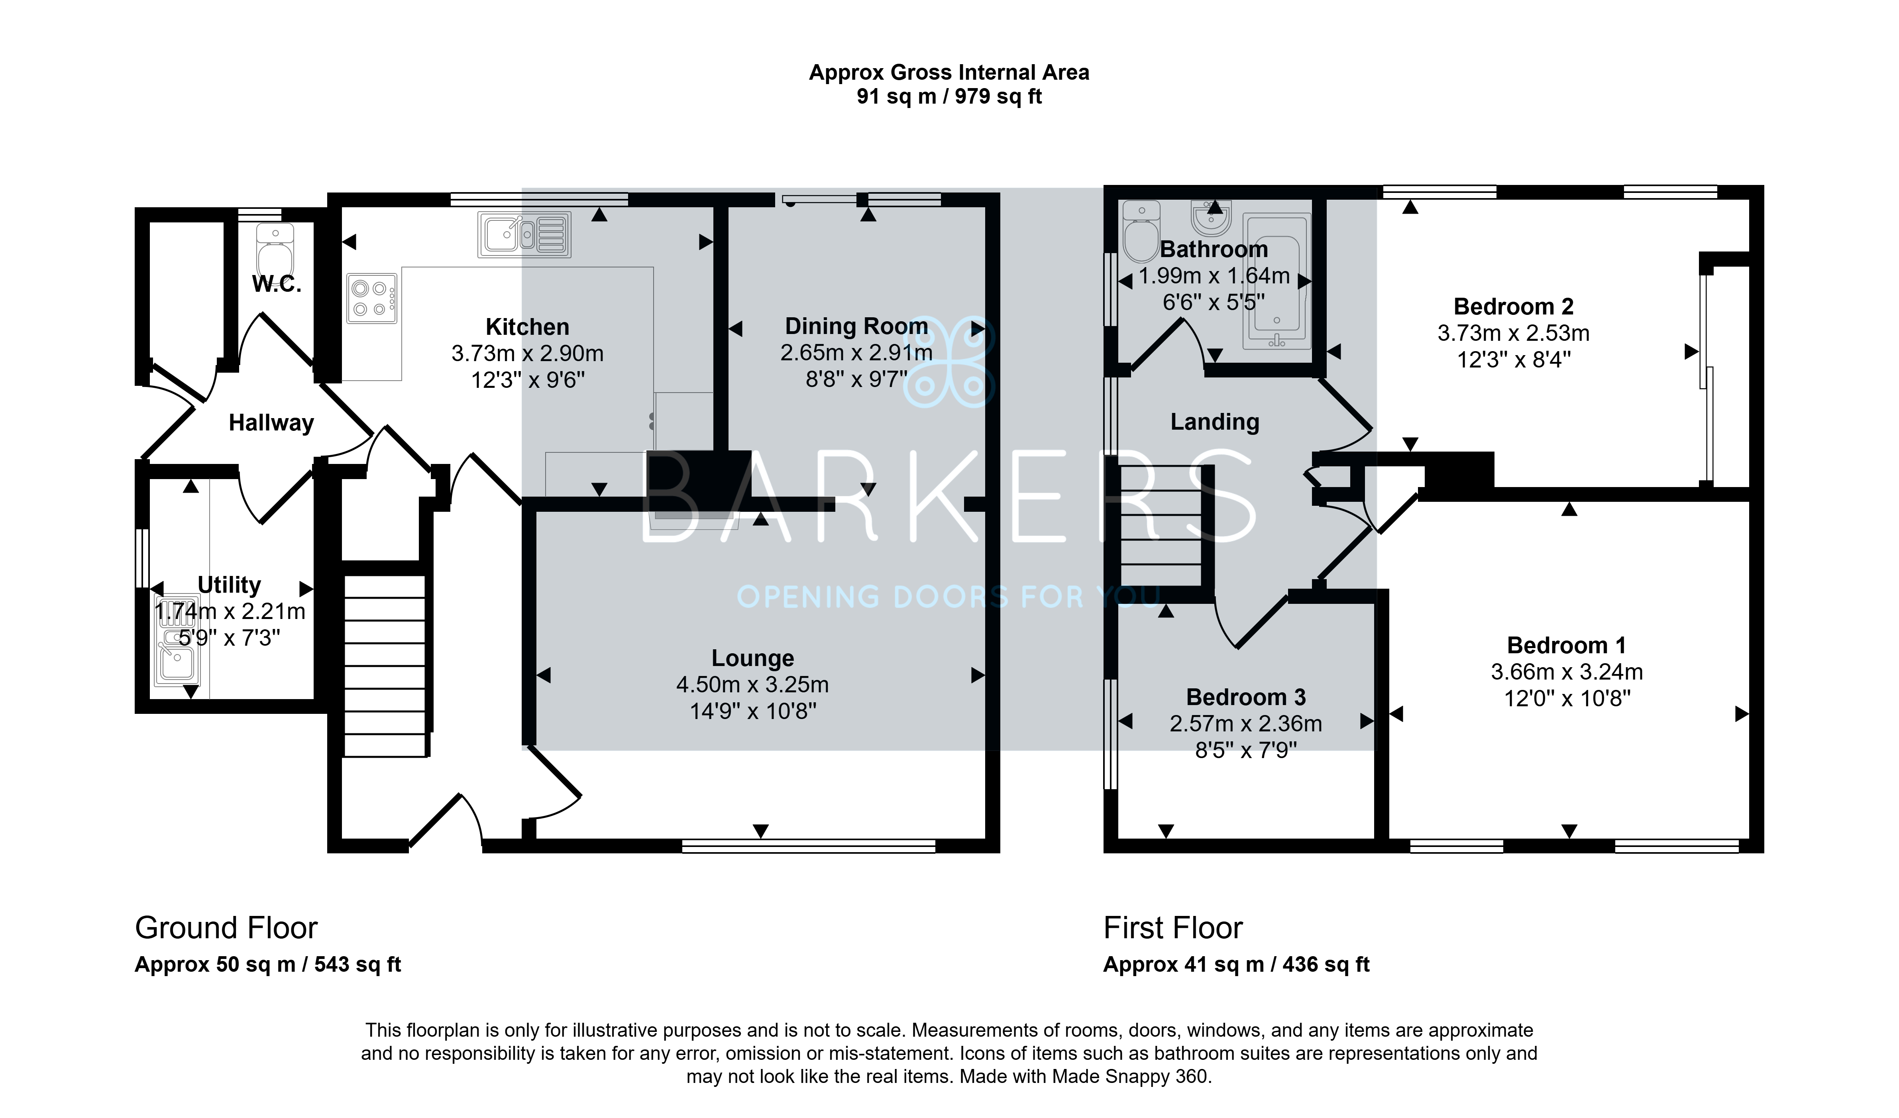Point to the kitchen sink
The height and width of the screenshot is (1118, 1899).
524,234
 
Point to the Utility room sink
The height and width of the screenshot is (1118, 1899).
175,641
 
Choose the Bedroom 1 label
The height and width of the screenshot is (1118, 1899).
1566,645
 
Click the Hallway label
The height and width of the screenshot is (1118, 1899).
271,423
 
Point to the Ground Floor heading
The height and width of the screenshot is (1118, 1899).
226,928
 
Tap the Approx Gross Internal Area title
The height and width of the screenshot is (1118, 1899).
949,73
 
